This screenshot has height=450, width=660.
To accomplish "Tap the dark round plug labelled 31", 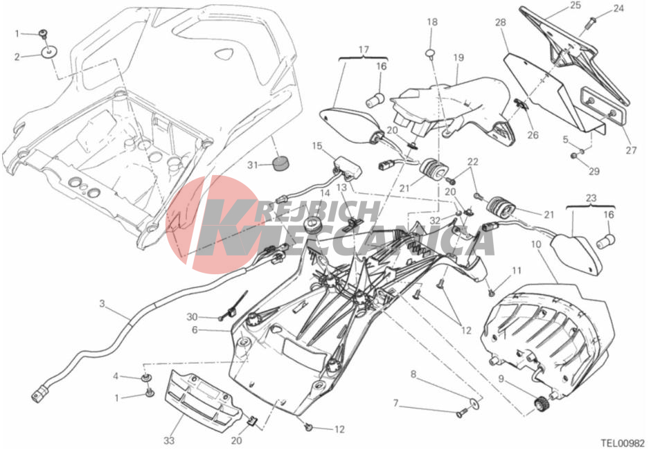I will [280, 164].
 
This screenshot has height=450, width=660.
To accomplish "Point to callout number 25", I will [576, 6].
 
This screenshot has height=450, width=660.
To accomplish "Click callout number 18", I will [432, 22].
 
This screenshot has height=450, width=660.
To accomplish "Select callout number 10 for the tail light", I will [536, 244].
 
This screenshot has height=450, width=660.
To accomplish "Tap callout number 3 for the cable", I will [102, 303].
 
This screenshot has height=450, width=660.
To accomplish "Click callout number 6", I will [195, 330].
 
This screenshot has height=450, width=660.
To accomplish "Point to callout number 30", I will [192, 316].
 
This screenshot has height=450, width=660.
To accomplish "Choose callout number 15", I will [317, 145].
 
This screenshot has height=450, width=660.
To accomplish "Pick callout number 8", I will [413, 375].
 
